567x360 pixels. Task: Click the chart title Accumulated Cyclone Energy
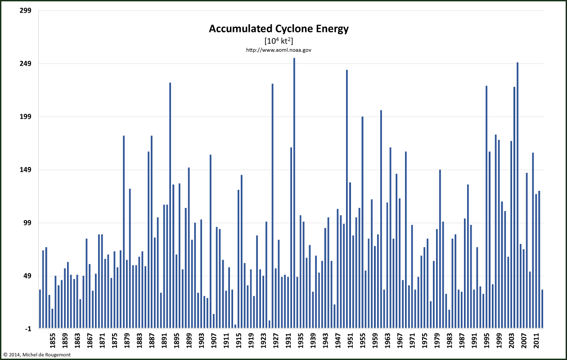click(279, 29)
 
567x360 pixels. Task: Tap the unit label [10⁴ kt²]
click(279, 41)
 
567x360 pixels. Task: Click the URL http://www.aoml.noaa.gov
click(279, 50)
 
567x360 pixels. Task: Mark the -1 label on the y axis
click(27, 329)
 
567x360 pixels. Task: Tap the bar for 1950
click(347, 198)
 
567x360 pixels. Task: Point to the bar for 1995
click(486, 207)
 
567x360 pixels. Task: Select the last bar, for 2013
click(542, 309)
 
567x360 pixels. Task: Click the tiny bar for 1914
click(235, 326)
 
